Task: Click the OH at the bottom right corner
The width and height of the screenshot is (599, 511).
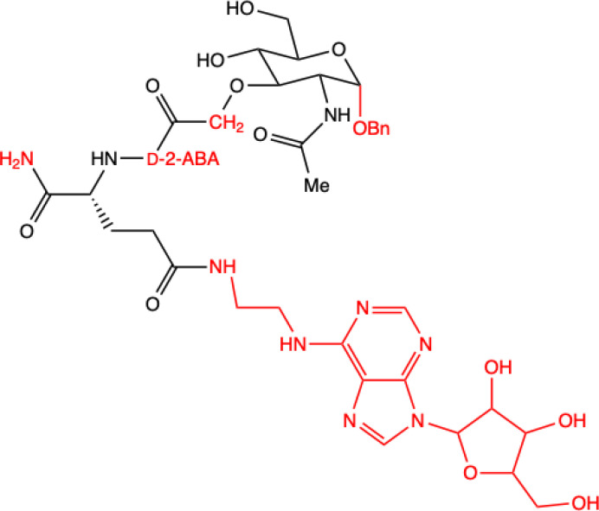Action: click(x=582, y=502)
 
